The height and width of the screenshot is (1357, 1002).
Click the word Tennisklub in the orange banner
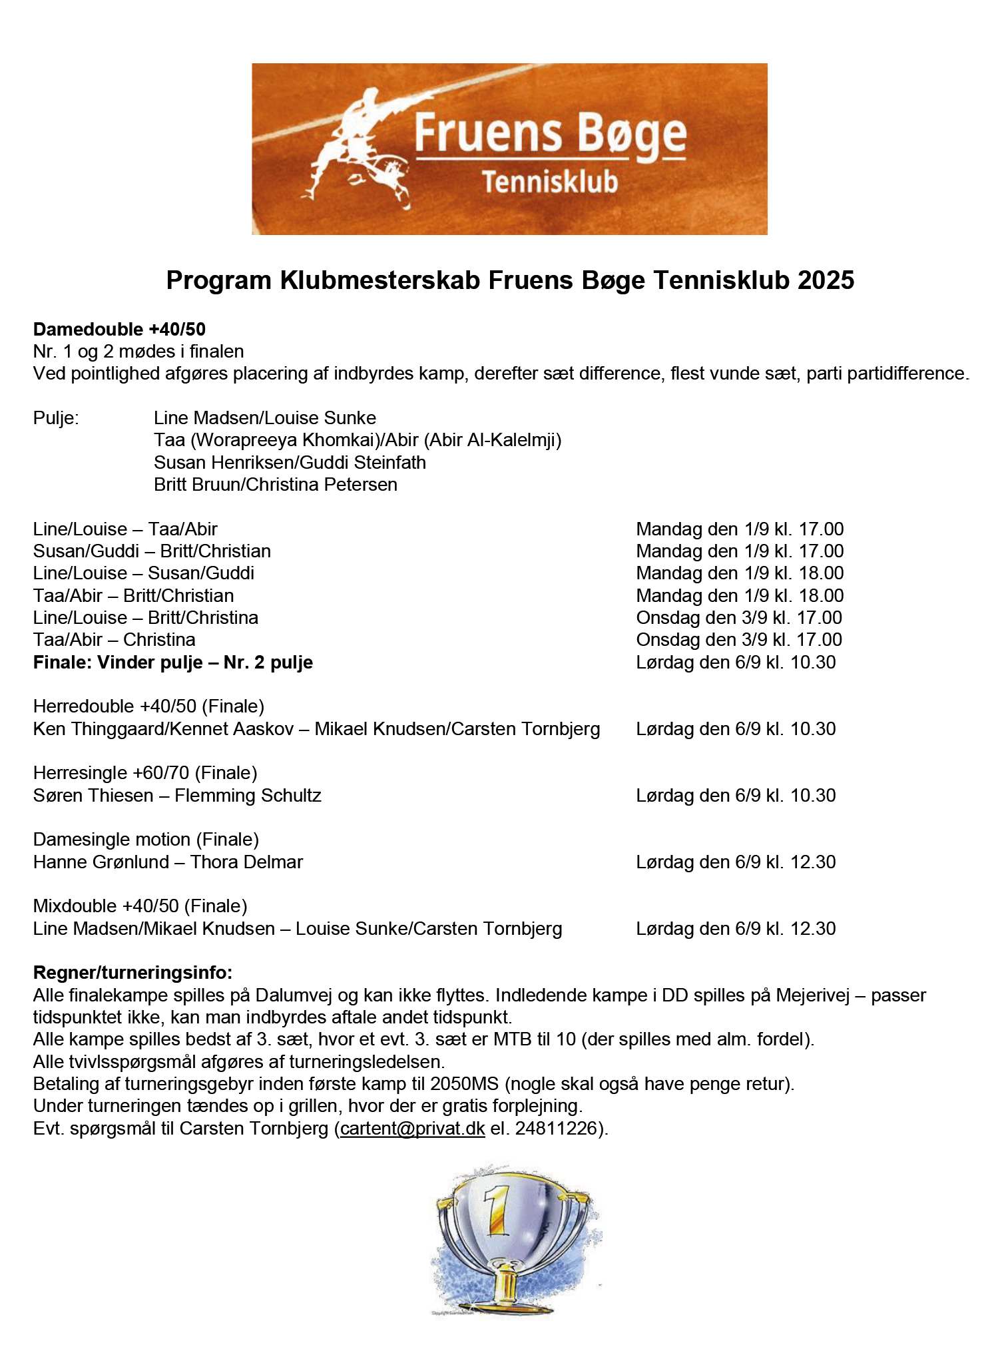coord(550,182)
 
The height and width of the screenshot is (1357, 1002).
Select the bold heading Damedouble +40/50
coord(119,330)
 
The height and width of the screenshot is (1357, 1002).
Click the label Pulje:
coord(56,418)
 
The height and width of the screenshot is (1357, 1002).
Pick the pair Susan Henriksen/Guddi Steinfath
coord(290,463)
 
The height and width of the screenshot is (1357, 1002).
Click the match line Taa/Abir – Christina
coord(115,640)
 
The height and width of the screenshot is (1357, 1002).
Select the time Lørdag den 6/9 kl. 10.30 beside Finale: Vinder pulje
coord(736,663)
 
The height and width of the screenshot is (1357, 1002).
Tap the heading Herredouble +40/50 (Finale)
coord(148,706)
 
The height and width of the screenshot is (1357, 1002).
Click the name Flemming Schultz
coord(248,796)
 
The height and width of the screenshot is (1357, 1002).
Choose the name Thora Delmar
coord(246,862)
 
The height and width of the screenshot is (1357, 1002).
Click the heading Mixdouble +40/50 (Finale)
coord(140,906)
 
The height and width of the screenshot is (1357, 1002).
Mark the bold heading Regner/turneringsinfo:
coord(132,973)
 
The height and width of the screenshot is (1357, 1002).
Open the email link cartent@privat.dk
coord(412,1129)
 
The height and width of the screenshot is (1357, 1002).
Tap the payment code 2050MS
coord(464,1084)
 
